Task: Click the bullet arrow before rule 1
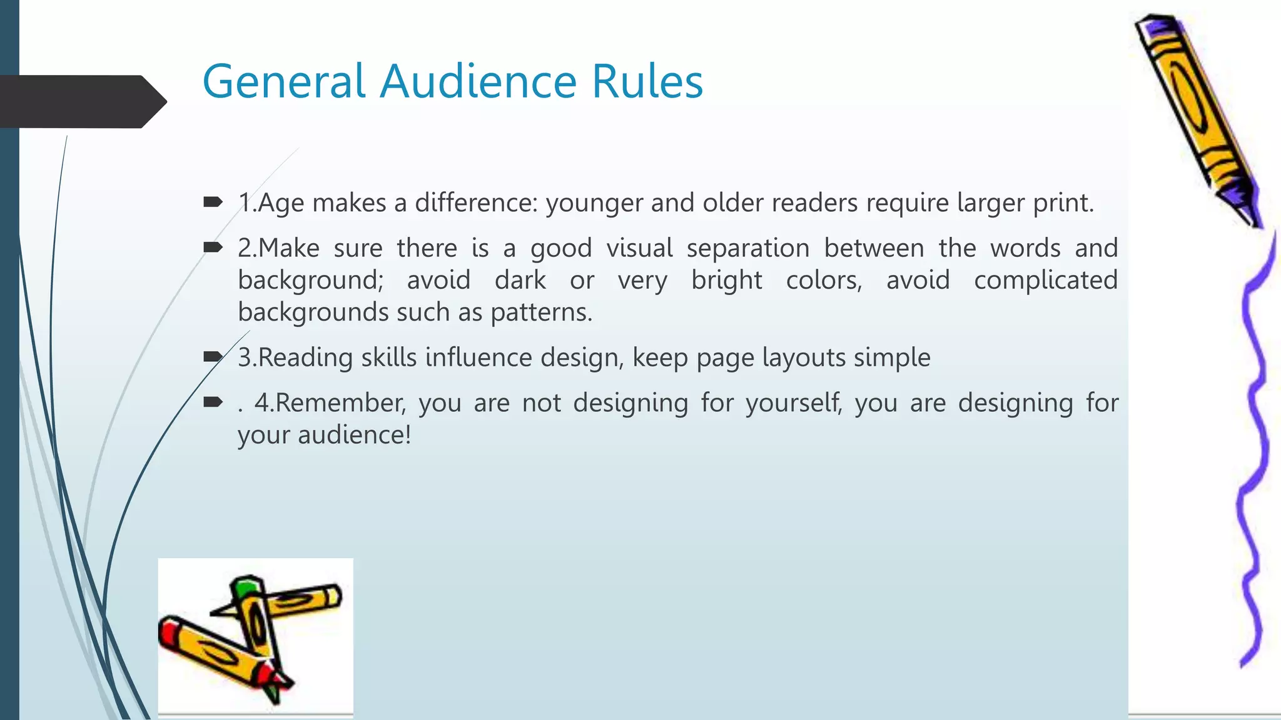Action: [213, 202]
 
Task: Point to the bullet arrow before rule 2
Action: [213, 247]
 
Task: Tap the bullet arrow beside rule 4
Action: [213, 402]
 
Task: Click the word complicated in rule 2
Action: [1045, 281]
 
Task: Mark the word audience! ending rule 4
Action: [354, 435]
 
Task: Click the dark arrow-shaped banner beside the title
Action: [81, 101]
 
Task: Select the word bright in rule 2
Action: [726, 281]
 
